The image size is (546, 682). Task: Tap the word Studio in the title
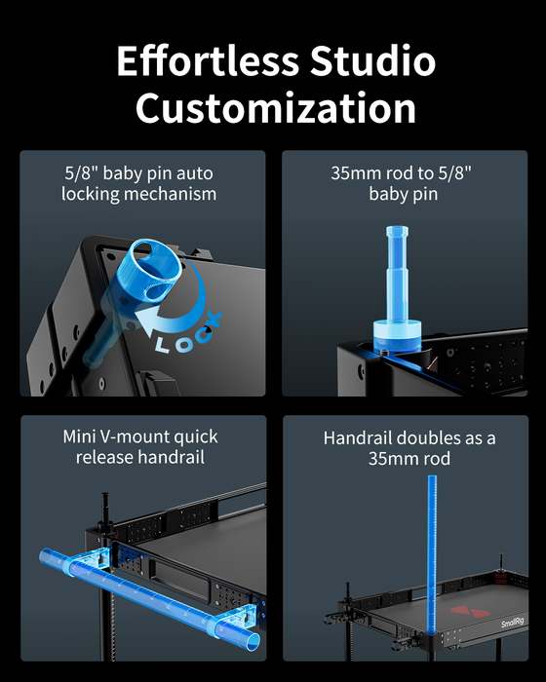372,60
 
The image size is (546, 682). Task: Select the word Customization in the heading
276,108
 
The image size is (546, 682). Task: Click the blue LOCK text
188,333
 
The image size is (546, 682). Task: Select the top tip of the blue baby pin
397,227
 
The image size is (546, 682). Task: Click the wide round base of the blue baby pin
397,335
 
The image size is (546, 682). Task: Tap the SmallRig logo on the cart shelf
512,623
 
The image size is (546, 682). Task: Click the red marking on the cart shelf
469,612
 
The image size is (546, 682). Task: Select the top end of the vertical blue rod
432,476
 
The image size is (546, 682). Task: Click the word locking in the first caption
90,194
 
